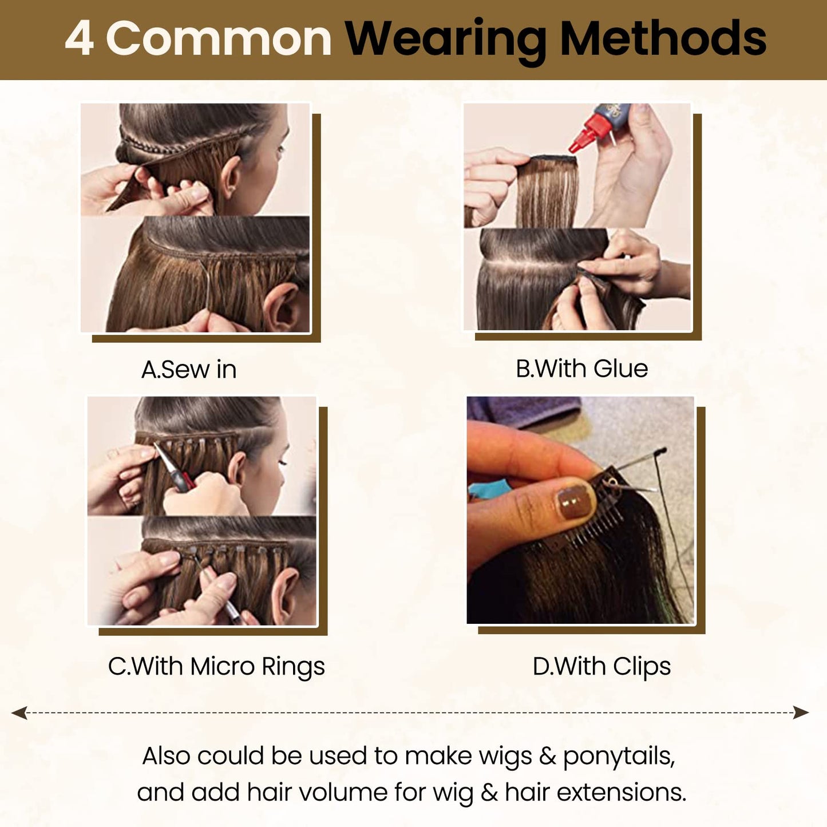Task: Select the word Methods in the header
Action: [x=663, y=38]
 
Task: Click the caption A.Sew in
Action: [x=189, y=370]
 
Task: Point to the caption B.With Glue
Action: [x=582, y=369]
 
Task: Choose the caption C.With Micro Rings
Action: [x=216, y=666]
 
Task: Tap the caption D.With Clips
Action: [x=602, y=667]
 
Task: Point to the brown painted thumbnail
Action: [x=576, y=501]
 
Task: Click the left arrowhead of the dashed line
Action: [x=19, y=713]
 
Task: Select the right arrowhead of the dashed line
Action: [x=801, y=713]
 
